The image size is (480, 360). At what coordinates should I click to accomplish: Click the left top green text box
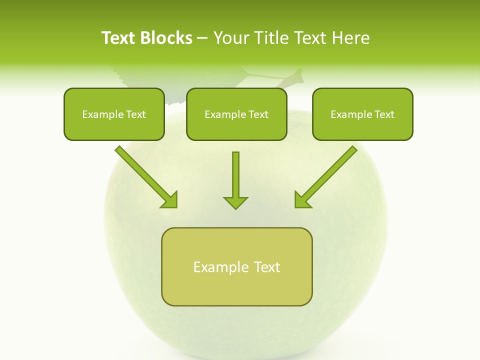114,114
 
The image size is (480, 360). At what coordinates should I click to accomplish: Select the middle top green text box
236,114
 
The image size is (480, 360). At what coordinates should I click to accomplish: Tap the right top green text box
362,114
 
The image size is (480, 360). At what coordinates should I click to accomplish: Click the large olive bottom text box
236,266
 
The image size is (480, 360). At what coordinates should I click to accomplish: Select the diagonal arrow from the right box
328,174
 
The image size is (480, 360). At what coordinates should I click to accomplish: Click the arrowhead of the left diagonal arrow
170,200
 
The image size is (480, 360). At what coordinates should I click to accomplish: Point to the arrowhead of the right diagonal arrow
302,200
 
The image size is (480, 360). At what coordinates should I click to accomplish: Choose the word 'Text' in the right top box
384,114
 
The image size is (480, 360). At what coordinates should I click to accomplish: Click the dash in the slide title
203,38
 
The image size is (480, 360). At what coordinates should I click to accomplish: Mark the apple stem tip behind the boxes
299,75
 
